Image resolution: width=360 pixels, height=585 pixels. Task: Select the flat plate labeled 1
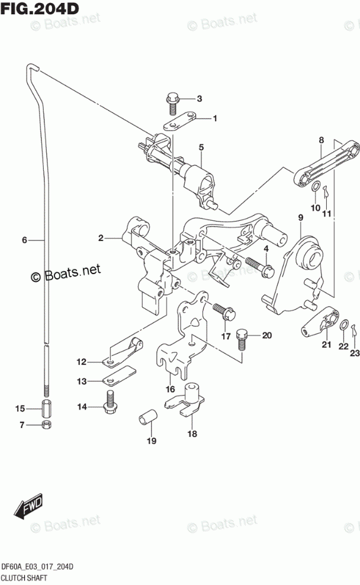point(179,121)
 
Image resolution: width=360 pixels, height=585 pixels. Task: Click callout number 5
point(201,147)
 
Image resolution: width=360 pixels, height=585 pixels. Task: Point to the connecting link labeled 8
point(326,163)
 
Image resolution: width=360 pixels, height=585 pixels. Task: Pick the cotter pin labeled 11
point(326,193)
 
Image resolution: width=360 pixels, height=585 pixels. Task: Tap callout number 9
point(301,217)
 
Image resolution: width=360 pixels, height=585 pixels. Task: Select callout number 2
point(101,237)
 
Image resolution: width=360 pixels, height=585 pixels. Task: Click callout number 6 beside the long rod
point(25,240)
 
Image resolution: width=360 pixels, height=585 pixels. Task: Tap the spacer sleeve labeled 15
point(46,408)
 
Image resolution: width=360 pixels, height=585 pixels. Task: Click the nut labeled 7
point(46,425)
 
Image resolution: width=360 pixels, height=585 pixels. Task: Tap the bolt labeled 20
point(242,339)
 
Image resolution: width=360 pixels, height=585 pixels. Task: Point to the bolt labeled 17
point(223,312)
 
